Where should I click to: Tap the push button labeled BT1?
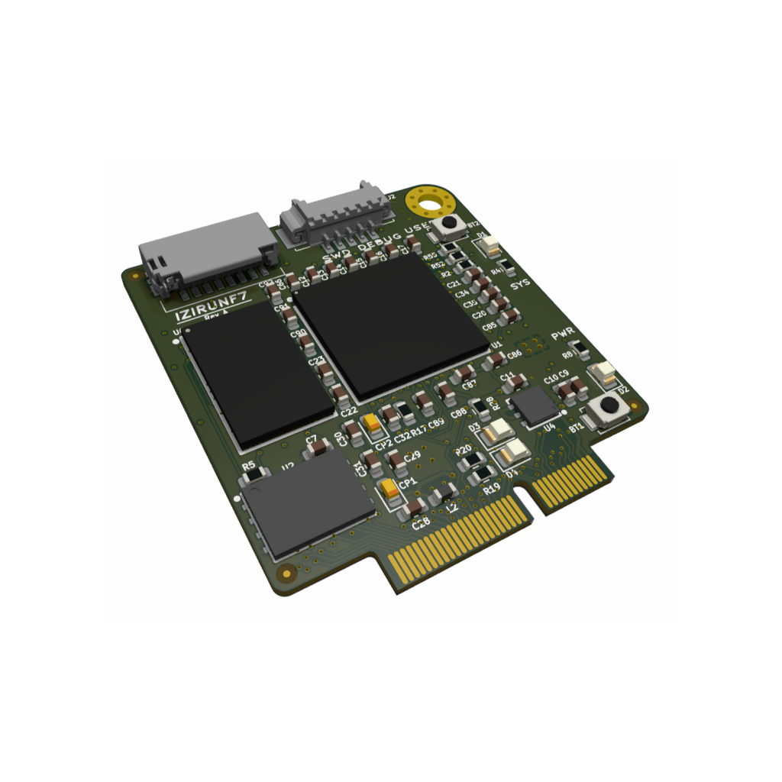(609, 408)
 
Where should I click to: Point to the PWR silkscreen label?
(562, 336)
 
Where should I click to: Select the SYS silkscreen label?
(520, 285)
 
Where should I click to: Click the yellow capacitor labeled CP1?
(392, 490)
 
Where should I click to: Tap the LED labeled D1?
(490, 247)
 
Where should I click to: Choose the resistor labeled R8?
(581, 351)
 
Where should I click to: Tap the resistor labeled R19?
(481, 477)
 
